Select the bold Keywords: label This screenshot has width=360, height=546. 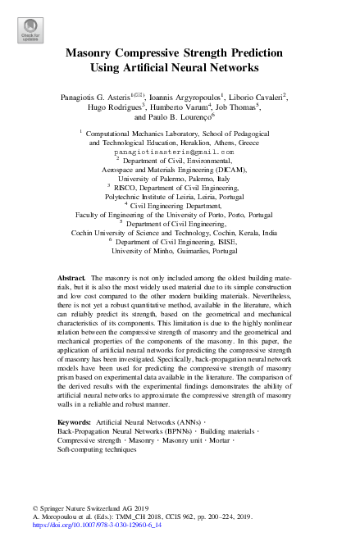tap(75, 421)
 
